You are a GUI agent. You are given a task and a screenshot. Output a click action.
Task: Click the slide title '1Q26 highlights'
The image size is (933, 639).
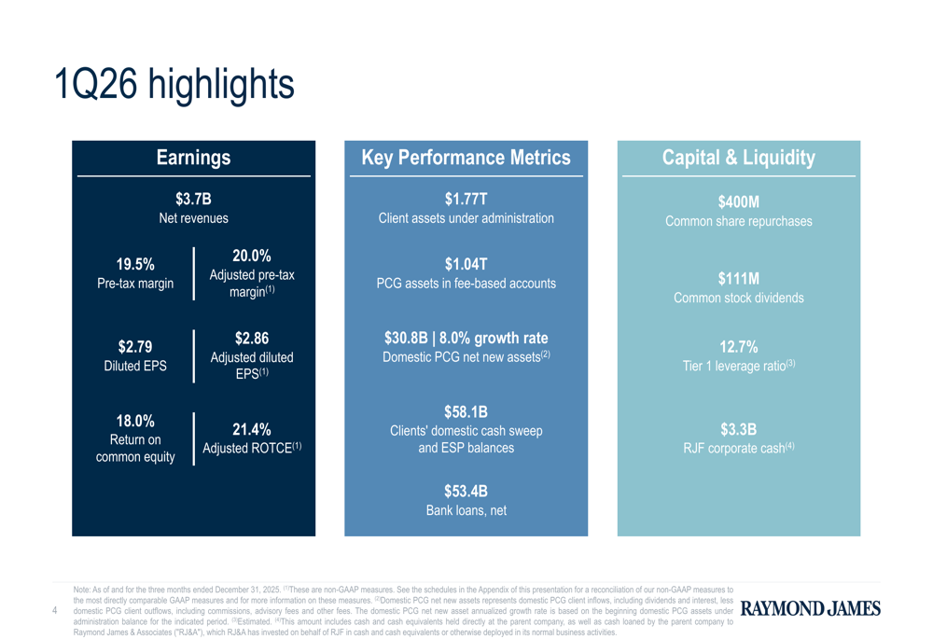[x=174, y=84]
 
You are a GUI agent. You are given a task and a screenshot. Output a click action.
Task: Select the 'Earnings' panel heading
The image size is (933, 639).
[x=193, y=158]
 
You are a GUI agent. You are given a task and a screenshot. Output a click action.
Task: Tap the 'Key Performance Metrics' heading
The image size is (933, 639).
[x=466, y=158]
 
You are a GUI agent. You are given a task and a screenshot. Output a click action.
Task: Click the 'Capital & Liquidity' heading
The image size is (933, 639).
[x=738, y=158]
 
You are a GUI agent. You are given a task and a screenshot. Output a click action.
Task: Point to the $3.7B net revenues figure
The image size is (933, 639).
[x=193, y=199]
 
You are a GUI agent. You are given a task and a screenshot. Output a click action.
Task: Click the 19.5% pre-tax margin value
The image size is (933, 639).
[x=135, y=265]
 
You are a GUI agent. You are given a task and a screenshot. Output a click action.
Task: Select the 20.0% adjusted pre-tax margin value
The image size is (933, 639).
[x=251, y=256]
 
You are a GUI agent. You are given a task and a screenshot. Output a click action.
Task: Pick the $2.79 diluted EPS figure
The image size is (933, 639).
[x=135, y=347]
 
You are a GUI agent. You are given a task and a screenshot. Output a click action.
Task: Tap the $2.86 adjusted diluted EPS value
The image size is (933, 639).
[x=251, y=338]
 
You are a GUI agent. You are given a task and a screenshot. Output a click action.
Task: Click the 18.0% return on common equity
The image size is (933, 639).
[x=135, y=421]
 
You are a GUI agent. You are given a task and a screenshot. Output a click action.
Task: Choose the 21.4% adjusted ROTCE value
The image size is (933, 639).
[x=251, y=429]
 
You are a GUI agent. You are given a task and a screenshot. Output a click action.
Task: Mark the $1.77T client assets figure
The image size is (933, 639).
[x=466, y=199]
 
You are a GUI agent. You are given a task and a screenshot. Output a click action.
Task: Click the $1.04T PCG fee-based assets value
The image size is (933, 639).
[x=466, y=265]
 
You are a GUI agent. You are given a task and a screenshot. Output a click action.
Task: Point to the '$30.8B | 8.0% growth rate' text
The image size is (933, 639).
[x=466, y=338]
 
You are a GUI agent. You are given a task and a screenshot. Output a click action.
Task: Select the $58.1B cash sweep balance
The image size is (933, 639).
[x=466, y=411]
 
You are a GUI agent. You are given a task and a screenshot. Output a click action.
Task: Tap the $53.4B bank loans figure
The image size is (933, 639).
[x=466, y=492]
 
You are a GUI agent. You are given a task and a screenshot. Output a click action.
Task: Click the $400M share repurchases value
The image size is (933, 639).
[x=738, y=201]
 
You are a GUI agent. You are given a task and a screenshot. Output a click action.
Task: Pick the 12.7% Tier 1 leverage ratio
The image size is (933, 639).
[x=738, y=347]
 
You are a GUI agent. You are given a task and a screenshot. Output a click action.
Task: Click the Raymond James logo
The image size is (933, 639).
[x=810, y=609]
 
